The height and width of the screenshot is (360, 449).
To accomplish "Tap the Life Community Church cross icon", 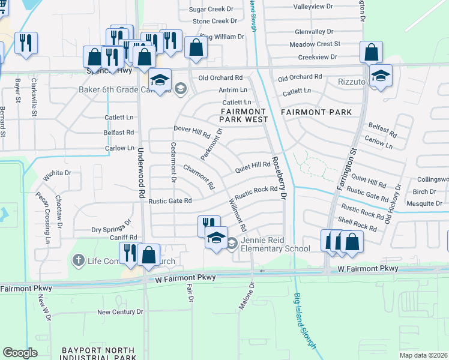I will point(78,260).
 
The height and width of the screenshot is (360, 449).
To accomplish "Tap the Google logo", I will point(20,353).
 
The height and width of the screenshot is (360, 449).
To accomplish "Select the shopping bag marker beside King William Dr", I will point(196,48).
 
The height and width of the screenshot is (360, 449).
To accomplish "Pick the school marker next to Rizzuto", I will point(381,76).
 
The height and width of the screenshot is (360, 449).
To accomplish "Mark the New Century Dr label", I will point(120,312).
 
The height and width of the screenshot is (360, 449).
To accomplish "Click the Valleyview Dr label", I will point(313,6).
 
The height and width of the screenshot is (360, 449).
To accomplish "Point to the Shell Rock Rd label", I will point(357,224).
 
